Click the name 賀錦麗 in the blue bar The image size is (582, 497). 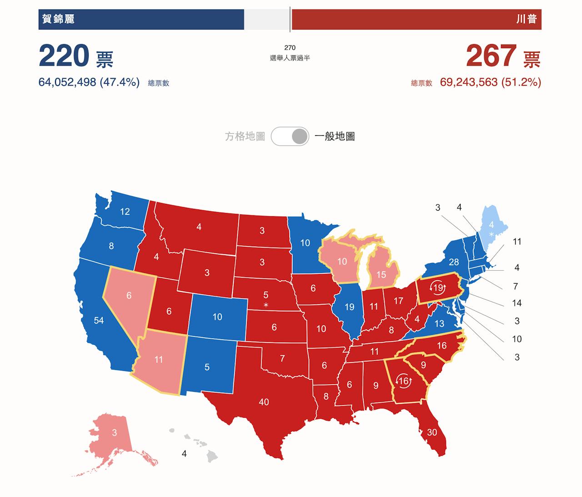[x=58, y=19]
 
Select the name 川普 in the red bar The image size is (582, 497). [x=526, y=19]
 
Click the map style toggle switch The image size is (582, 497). [x=290, y=136]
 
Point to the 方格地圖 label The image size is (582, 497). [x=245, y=136]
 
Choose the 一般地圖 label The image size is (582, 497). [x=335, y=136]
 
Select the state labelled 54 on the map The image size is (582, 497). [x=99, y=320]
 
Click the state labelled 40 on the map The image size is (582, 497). [x=264, y=402]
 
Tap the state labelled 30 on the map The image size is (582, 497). [x=431, y=432]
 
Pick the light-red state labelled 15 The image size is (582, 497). [x=381, y=274]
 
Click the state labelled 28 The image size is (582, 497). [x=454, y=262]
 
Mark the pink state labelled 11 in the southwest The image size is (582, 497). [x=158, y=360]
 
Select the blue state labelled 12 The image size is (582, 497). [x=125, y=212]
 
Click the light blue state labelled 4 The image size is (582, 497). [x=491, y=225]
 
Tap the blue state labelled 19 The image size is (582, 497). [x=349, y=307]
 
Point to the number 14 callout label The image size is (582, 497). [x=517, y=303]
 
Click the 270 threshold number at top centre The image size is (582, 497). [x=290, y=47]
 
